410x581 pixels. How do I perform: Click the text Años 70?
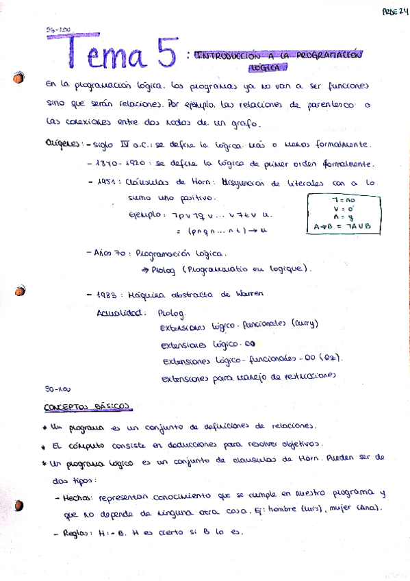coord(109,253)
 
